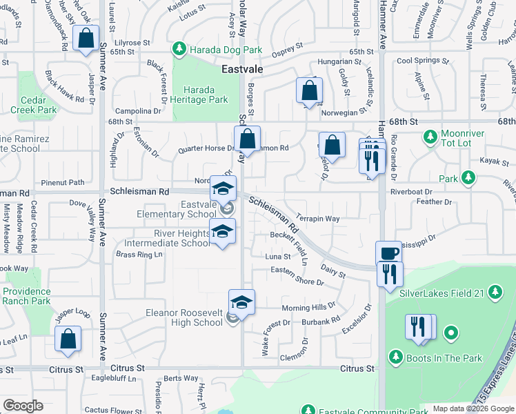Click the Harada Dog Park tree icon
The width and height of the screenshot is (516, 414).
tap(179, 49)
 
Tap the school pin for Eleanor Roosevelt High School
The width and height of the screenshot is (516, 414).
tap(241, 302)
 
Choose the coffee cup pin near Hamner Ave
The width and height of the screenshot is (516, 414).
tap(388, 253)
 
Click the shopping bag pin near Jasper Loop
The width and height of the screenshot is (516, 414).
tap(68, 339)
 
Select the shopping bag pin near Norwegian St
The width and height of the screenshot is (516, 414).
tap(310, 90)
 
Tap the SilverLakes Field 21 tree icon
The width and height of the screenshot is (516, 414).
tap(495, 293)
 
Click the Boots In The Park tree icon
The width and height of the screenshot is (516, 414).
tap(396, 357)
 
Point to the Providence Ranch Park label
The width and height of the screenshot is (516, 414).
tap(26, 297)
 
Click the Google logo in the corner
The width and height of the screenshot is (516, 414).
tap(23, 406)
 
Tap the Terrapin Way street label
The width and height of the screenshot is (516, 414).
tap(319, 219)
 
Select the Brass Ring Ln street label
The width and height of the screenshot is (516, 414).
tap(139, 255)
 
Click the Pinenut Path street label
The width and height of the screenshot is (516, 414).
tap(62, 183)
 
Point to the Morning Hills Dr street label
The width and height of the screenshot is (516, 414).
tap(308, 307)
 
